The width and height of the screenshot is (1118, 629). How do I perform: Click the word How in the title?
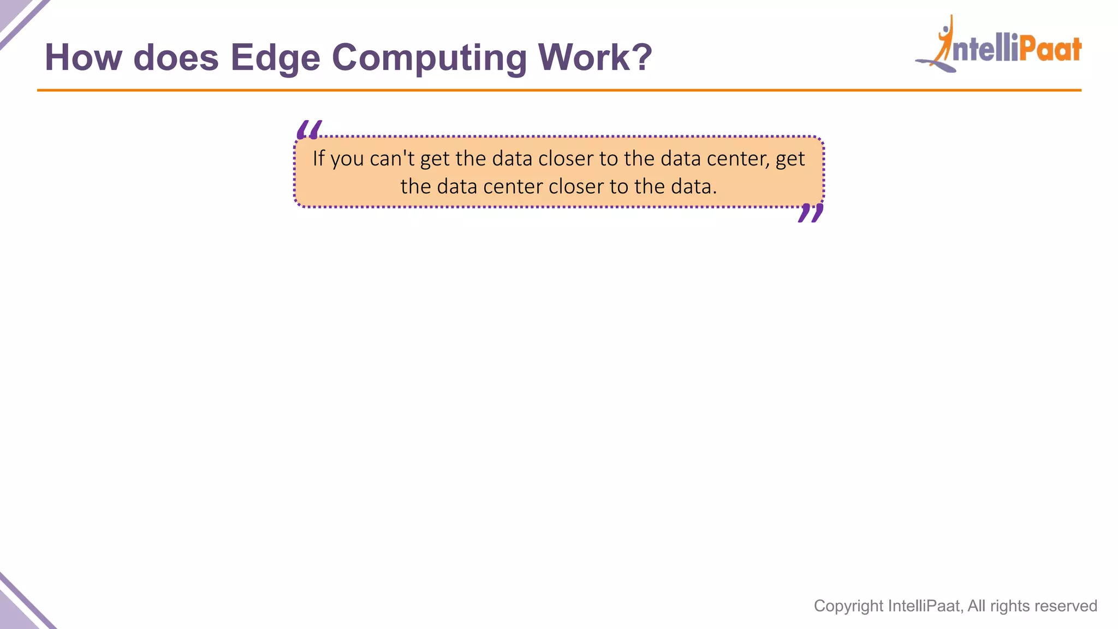coord(83,57)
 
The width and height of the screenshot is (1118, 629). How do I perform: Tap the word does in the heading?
coord(176,57)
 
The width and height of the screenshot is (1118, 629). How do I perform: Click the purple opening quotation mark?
coord(308,130)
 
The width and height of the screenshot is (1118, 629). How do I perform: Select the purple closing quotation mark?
coord(810,213)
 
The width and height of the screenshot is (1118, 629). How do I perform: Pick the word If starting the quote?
coord(318,158)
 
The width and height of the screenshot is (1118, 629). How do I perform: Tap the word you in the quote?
coord(347,159)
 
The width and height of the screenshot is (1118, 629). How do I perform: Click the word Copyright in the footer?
coord(848,606)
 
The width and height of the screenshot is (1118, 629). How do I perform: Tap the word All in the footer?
coord(977,606)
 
